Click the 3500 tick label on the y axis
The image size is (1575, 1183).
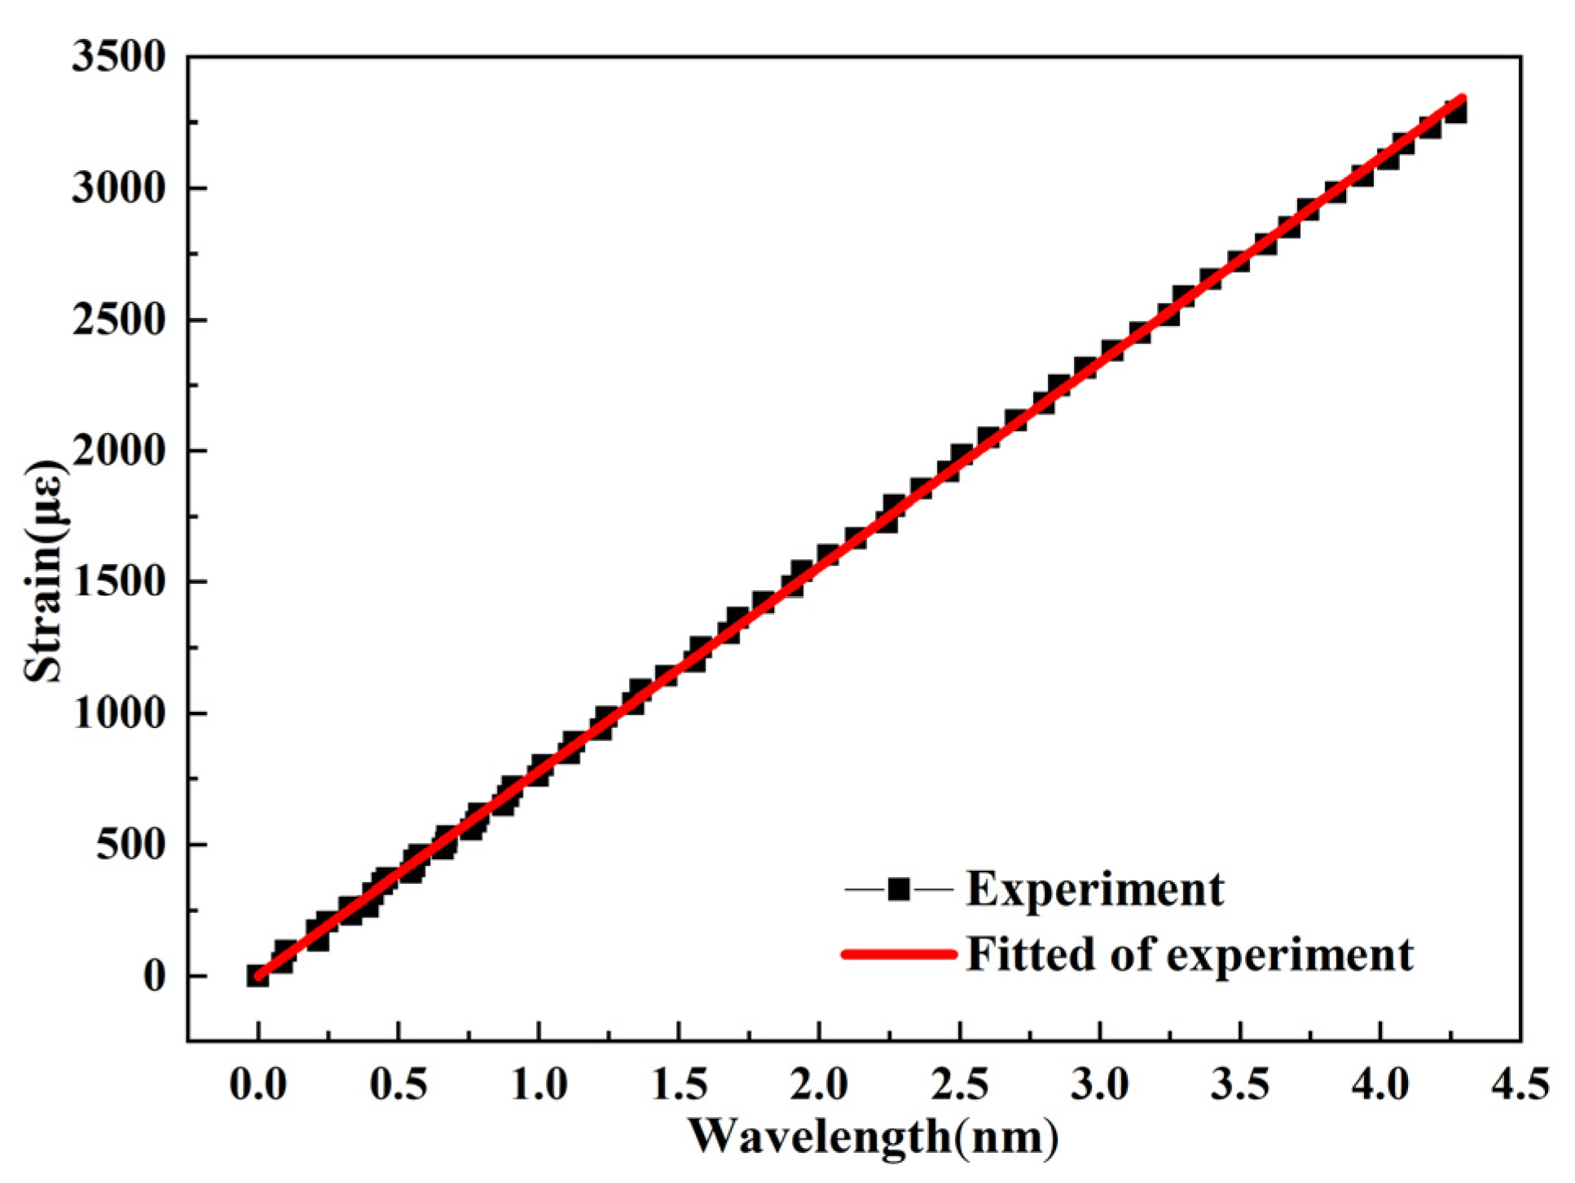pyautogui.click(x=118, y=58)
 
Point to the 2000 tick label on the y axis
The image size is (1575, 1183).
pyautogui.click(x=118, y=451)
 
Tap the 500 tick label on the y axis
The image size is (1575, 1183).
pyautogui.click(x=130, y=845)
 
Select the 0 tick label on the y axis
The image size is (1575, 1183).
pyautogui.click(x=155, y=977)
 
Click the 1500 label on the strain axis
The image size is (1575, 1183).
pyautogui.click(x=118, y=582)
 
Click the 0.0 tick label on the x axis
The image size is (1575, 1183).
pyautogui.click(x=257, y=1085)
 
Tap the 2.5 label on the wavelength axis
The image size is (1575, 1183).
pyautogui.click(x=960, y=1085)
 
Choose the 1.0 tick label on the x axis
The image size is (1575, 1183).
pyautogui.click(x=539, y=1085)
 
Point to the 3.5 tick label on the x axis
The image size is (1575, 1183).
pyautogui.click(x=1240, y=1085)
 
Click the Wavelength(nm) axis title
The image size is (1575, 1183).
pyautogui.click(x=873, y=1136)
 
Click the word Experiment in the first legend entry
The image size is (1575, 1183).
pyautogui.click(x=1094, y=889)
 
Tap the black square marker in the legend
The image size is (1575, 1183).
pyautogui.click(x=899, y=889)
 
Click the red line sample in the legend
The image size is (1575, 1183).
pyautogui.click(x=899, y=953)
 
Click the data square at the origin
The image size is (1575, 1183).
pyautogui.click(x=257, y=976)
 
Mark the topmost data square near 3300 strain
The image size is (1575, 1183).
pyautogui.click(x=1456, y=111)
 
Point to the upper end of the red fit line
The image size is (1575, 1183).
pyautogui.click(x=1463, y=99)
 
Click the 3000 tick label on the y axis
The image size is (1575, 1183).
pyautogui.click(x=118, y=189)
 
